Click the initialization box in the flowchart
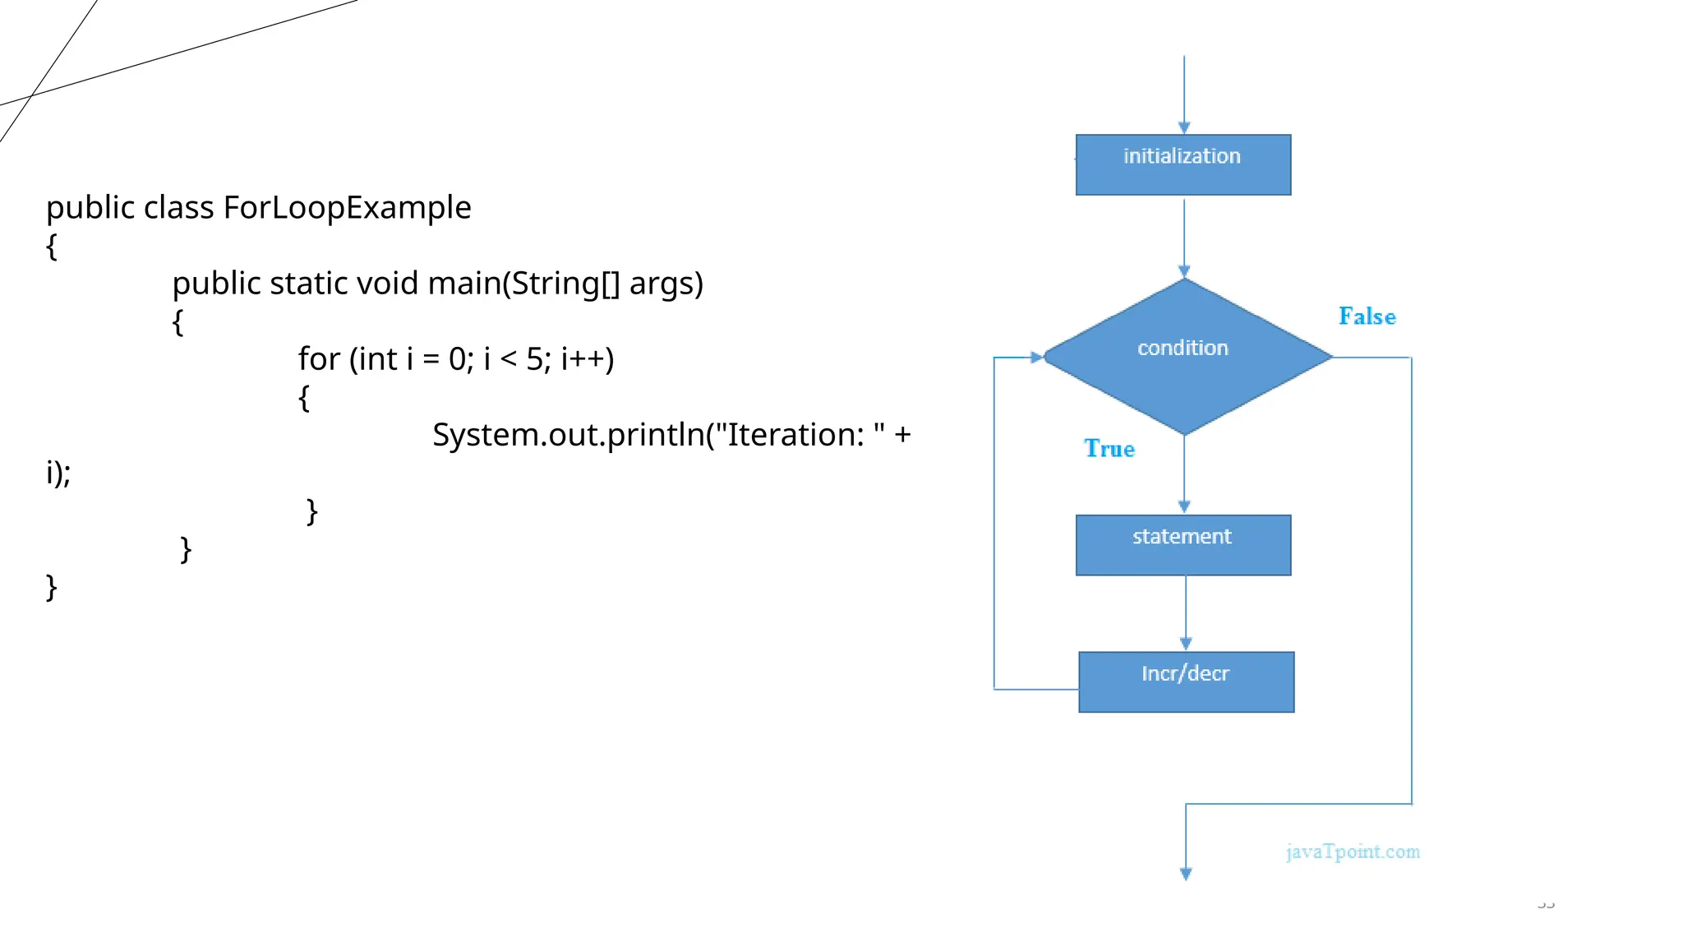(1183, 164)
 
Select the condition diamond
(1183, 356)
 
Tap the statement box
(1183, 544)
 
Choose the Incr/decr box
(1186, 681)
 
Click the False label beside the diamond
(1367, 316)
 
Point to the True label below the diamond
(1109, 449)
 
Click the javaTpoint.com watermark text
(1353, 852)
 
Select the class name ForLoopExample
(347, 208)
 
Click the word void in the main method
(386, 284)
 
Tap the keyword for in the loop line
(319, 359)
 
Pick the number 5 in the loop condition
(534, 359)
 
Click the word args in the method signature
(666, 284)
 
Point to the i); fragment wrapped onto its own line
(58, 473)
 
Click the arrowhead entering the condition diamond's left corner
(1036, 358)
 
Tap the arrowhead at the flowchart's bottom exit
(1185, 874)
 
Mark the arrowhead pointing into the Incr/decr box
(1185, 644)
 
